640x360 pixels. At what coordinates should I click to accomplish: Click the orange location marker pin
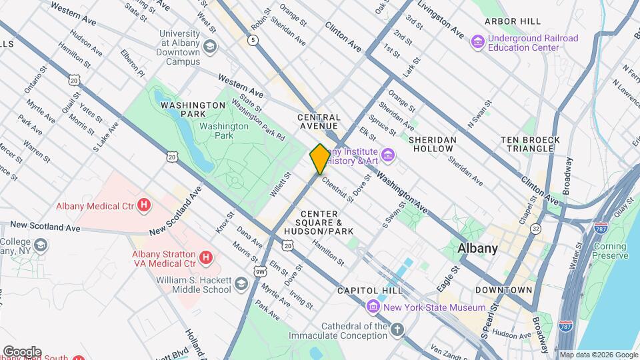click(319, 159)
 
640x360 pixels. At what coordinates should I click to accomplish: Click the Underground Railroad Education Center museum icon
click(477, 43)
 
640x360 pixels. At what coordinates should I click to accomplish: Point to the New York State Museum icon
click(373, 307)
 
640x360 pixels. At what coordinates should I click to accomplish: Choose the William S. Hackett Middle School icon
click(241, 285)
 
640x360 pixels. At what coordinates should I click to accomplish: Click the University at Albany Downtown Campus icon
click(210, 46)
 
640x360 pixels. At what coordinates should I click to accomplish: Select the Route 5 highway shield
click(252, 41)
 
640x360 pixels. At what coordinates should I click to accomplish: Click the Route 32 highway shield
click(535, 229)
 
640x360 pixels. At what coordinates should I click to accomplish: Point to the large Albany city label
click(478, 248)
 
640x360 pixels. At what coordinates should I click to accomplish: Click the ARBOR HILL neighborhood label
click(513, 21)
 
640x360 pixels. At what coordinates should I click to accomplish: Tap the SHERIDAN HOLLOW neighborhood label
click(433, 144)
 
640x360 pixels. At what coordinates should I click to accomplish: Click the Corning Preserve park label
click(611, 251)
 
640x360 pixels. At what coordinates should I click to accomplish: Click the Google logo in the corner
click(21, 351)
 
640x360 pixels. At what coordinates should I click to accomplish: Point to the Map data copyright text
click(598, 355)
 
